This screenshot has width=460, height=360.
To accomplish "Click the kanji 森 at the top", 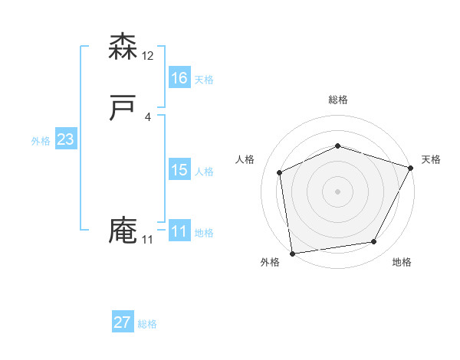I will [123, 47].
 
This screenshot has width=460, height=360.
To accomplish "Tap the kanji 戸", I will [123, 109].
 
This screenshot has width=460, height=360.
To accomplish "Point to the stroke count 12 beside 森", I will [148, 56].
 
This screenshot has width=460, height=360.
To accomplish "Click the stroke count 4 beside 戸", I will [148, 117].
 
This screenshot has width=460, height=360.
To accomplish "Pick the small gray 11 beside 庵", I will [148, 240].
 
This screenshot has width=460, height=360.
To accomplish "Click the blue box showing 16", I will [179, 77].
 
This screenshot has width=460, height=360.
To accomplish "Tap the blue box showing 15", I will [179, 170].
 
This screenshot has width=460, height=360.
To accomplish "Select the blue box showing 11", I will [179, 231].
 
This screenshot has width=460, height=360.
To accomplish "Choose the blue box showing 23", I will [65, 139].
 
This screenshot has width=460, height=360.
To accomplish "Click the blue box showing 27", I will [123, 322].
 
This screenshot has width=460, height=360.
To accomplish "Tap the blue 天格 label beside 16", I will [204, 79].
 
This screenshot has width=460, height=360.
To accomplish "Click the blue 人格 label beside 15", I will [204, 172].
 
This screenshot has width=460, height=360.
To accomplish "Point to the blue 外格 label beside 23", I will [41, 141].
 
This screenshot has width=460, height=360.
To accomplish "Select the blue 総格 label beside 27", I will [147, 324].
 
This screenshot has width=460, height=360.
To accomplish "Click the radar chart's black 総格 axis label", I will [337, 100].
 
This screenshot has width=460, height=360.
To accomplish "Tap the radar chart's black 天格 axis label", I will [431, 159].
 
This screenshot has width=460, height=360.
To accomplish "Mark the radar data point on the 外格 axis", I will [292, 253].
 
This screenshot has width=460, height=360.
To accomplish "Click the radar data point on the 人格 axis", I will [280, 172].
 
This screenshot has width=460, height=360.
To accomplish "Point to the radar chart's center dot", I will [337, 191].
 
